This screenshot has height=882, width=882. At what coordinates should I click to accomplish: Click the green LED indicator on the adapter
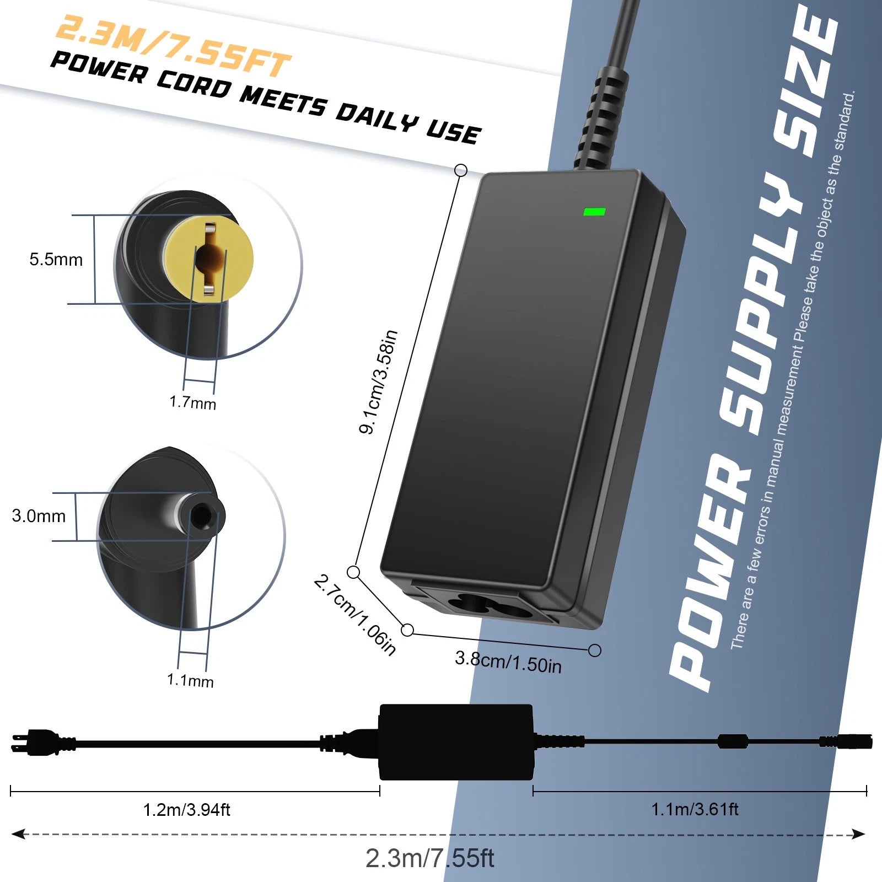click(594, 211)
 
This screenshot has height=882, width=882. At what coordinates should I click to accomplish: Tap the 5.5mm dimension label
click(56, 260)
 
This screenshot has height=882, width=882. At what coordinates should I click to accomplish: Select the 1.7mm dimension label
click(192, 402)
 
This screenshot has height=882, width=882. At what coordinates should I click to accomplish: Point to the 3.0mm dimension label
click(39, 516)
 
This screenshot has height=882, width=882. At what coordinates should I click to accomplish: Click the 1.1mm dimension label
click(190, 680)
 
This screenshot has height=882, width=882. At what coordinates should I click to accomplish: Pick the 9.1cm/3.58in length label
click(378, 382)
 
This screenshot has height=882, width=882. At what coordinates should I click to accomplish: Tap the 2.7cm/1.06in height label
click(355, 615)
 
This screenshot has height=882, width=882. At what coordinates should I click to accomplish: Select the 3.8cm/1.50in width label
click(508, 662)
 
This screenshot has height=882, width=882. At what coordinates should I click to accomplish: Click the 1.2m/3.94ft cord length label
click(186, 810)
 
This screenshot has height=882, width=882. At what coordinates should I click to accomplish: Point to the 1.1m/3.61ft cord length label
click(695, 809)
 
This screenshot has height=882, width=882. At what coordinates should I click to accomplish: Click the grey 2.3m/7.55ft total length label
click(429, 858)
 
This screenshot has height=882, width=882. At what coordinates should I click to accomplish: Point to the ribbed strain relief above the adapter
click(600, 119)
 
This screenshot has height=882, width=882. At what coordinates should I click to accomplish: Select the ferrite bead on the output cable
click(733, 741)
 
